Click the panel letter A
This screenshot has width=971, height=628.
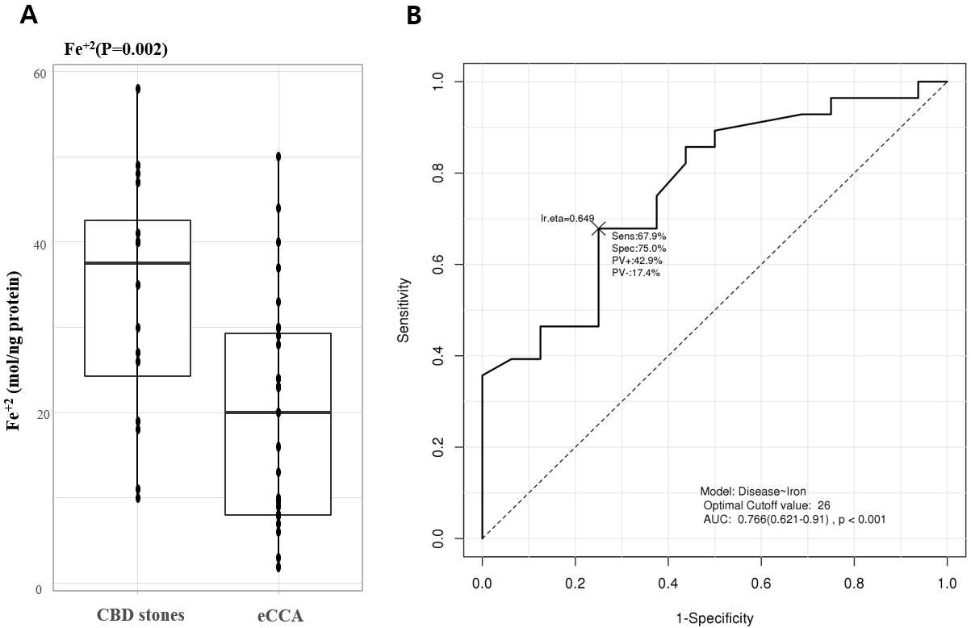point(28,16)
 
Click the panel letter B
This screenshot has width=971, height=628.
point(414,16)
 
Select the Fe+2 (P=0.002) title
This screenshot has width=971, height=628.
point(115,48)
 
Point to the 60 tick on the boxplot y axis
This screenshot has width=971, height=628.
point(40,74)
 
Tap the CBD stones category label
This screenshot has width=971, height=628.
point(140,614)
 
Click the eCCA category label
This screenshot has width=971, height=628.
point(280,615)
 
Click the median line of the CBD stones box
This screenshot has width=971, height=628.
point(137,263)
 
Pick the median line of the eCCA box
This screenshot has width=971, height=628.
point(278,412)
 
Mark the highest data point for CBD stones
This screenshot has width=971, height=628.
point(138,89)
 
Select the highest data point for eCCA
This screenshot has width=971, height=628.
point(278,156)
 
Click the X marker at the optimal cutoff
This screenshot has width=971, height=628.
point(599,228)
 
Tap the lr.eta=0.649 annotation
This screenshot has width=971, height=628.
point(567,219)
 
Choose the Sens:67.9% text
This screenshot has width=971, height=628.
point(638,237)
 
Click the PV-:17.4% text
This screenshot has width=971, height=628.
point(635,273)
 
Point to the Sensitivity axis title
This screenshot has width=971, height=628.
point(403,310)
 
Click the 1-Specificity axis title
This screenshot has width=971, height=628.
point(714,618)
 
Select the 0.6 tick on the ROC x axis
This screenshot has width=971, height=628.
point(761,583)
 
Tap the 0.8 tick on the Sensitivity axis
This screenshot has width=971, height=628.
point(438,173)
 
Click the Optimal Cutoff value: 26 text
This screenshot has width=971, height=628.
point(767,505)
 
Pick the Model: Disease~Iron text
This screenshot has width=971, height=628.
point(753,492)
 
